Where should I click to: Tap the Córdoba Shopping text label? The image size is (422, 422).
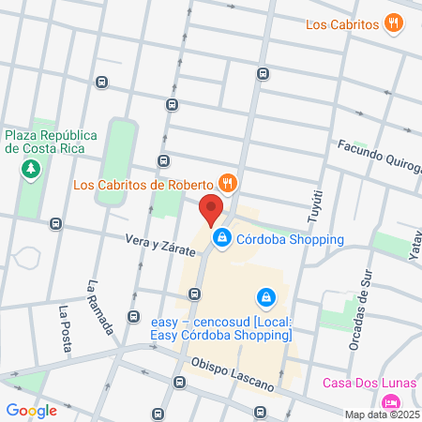[x=290, y=238]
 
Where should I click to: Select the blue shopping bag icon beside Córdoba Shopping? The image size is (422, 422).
[x=221, y=239]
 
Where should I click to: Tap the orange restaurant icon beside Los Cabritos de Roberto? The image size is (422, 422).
[x=226, y=182]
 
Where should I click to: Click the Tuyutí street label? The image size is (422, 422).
[x=314, y=206]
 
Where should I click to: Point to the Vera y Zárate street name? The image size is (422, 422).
[x=160, y=246]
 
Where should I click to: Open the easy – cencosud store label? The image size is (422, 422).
[x=221, y=330]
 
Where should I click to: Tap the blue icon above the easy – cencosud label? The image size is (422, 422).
[x=267, y=297]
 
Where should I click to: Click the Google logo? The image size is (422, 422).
[x=31, y=410]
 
